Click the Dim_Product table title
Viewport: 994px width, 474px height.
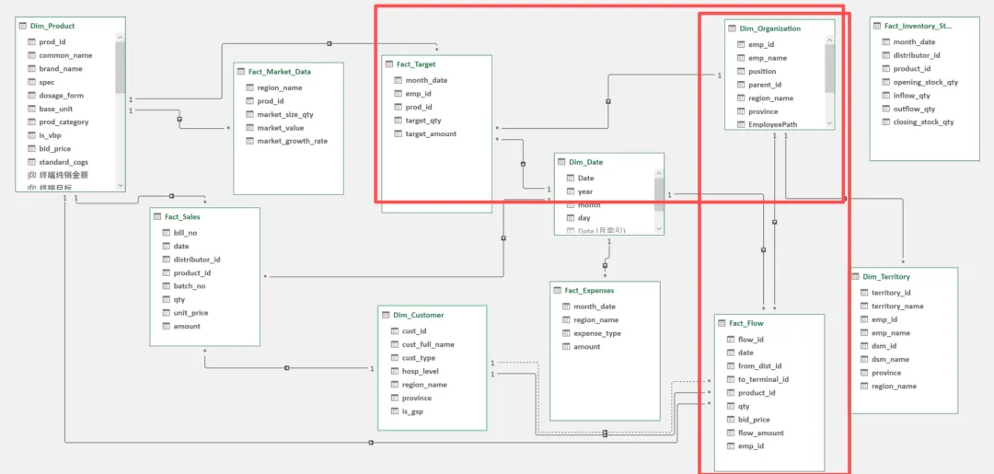click(x=52, y=26)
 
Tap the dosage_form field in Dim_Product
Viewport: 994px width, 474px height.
click(x=61, y=96)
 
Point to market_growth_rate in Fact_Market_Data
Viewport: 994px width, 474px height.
click(x=292, y=141)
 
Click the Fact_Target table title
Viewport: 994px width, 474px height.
click(x=416, y=64)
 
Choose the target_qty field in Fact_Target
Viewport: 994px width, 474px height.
click(x=423, y=121)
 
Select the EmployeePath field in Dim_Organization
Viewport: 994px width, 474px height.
click(x=772, y=124)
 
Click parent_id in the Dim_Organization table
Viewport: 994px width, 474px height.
click(x=765, y=85)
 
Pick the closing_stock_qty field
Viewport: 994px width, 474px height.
click(x=923, y=122)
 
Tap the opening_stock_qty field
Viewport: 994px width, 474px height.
click(x=925, y=82)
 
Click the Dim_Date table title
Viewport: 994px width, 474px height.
click(x=585, y=162)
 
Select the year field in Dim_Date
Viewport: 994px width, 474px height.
click(x=585, y=191)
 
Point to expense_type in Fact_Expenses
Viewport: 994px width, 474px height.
click(x=596, y=333)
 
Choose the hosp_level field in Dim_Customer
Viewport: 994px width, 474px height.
click(x=419, y=371)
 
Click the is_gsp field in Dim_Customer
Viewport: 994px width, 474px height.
click(x=412, y=411)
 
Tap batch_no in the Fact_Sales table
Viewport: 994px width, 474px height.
click(x=189, y=286)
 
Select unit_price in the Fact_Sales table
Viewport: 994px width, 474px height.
click(x=191, y=313)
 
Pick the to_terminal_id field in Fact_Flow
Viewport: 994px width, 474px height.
click(x=763, y=379)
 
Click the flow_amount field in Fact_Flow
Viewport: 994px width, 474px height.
click(x=760, y=433)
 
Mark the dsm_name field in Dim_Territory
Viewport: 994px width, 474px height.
click(x=890, y=360)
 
